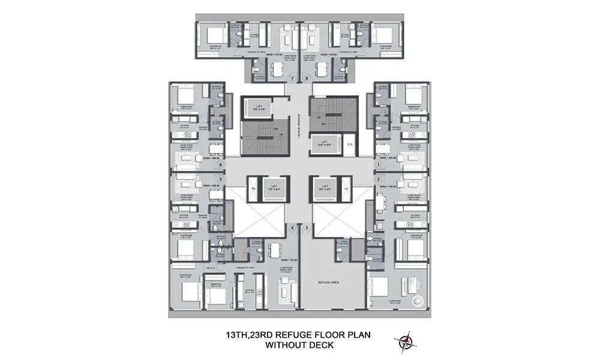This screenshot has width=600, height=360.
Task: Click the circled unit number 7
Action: [x=292, y=79]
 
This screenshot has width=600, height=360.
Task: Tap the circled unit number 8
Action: [x=307, y=79]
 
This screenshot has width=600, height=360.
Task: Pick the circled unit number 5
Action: [x=221, y=178]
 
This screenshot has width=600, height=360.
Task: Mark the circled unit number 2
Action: [x=379, y=178]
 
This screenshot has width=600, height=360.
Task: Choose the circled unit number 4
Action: [x=292, y=227]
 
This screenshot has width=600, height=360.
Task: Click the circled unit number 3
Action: [x=307, y=227]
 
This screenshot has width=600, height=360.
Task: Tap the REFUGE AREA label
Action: [x=329, y=281]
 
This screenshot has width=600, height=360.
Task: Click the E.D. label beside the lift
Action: [x=351, y=145]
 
